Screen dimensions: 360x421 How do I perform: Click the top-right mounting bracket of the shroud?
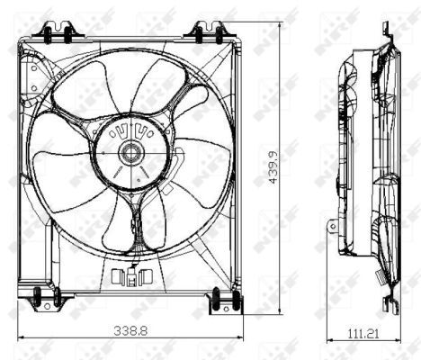point(204,34)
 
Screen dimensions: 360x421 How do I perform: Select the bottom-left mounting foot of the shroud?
point(39,298)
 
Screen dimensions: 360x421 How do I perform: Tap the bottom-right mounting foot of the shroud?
point(222,301)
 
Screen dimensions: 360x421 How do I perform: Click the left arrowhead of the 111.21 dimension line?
point(327,345)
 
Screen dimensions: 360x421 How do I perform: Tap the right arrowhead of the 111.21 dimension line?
point(395,345)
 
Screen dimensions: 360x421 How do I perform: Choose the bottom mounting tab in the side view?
point(389,304)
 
